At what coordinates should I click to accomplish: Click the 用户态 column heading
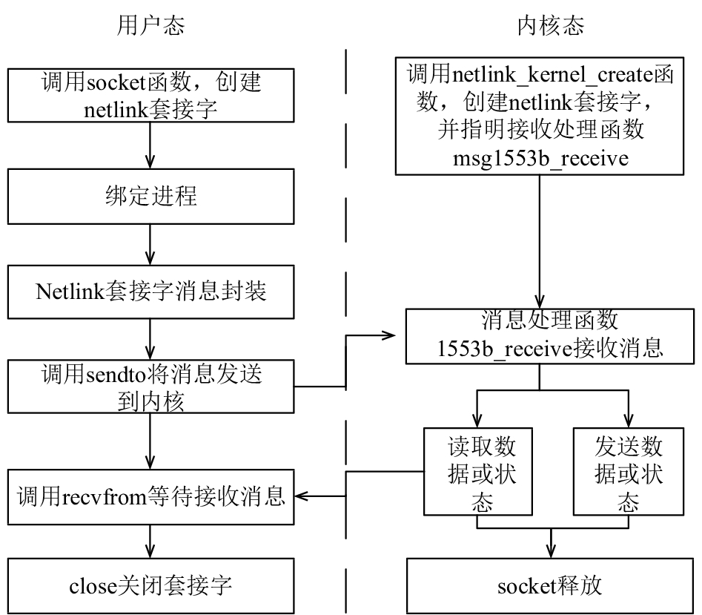[150, 25]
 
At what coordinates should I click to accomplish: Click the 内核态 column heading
[551, 25]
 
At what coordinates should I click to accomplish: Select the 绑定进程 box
[151, 196]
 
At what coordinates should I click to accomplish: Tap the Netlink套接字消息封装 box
[151, 292]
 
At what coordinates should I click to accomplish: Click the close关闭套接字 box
[151, 586]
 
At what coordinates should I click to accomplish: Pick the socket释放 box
[550, 586]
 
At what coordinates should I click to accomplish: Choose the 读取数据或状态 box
[478, 472]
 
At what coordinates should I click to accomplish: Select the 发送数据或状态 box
[629, 472]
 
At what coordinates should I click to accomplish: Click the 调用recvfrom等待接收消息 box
[151, 497]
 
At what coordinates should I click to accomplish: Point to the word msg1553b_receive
[540, 158]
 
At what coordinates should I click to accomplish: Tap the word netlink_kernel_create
[553, 74]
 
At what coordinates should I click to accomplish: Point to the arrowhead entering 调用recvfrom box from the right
[301, 496]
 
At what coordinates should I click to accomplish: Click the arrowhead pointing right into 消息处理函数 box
[388, 335]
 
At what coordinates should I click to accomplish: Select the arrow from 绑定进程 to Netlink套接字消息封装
[150, 245]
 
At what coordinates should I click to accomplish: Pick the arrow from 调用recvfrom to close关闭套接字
[150, 542]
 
